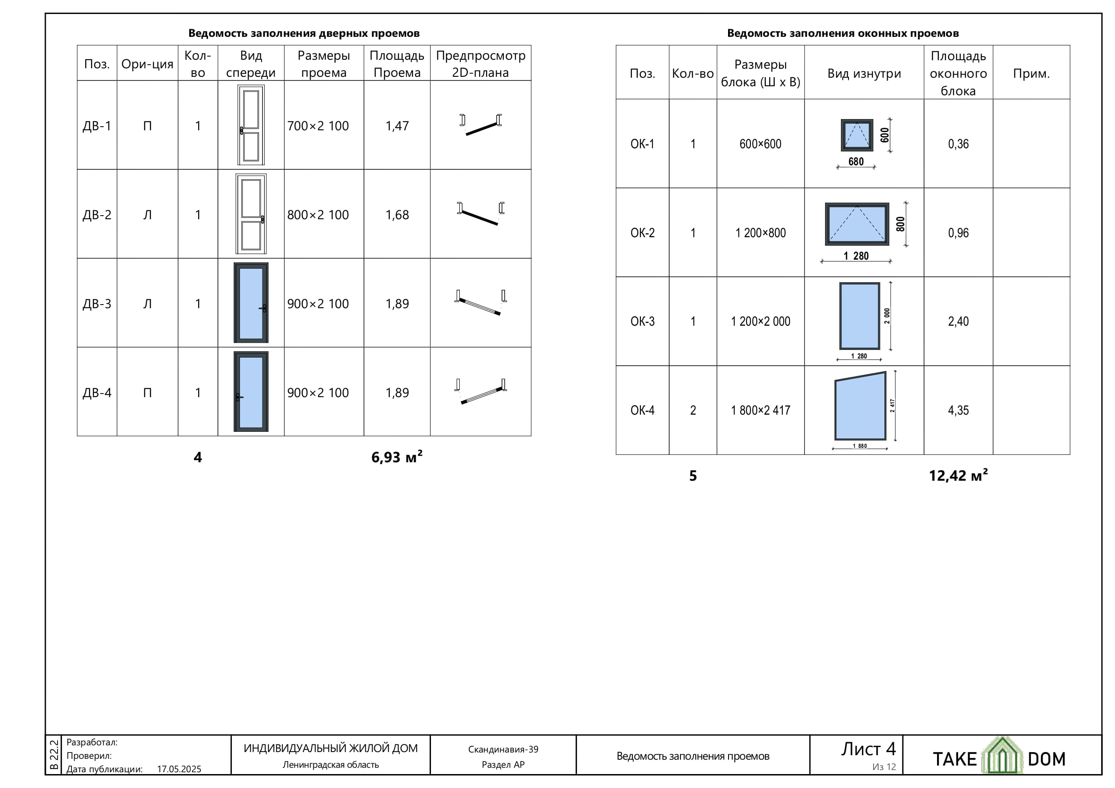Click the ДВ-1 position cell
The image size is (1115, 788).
click(x=97, y=126)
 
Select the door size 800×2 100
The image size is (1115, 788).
click(x=318, y=215)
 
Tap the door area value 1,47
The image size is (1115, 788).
click(x=397, y=126)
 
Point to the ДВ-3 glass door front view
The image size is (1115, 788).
click(x=251, y=302)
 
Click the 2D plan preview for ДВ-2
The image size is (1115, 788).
click(x=480, y=214)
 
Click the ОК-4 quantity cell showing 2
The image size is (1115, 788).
click(x=693, y=410)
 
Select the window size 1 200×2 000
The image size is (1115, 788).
click(x=760, y=321)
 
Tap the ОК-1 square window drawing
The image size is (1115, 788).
click(x=857, y=135)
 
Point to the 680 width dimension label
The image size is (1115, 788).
click(x=856, y=161)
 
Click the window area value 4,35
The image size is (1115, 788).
click(x=958, y=410)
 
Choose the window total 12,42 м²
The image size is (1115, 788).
click(x=958, y=475)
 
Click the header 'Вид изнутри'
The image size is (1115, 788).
click(x=864, y=73)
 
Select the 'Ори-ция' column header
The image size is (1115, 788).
click(x=147, y=64)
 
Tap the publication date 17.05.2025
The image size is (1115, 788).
click(x=179, y=769)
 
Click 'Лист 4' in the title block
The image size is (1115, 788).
click(x=868, y=749)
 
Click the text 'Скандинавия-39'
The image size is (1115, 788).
click(x=503, y=749)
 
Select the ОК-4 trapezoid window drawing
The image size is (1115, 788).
click(x=860, y=406)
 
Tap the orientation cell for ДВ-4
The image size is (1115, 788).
click(x=147, y=392)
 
